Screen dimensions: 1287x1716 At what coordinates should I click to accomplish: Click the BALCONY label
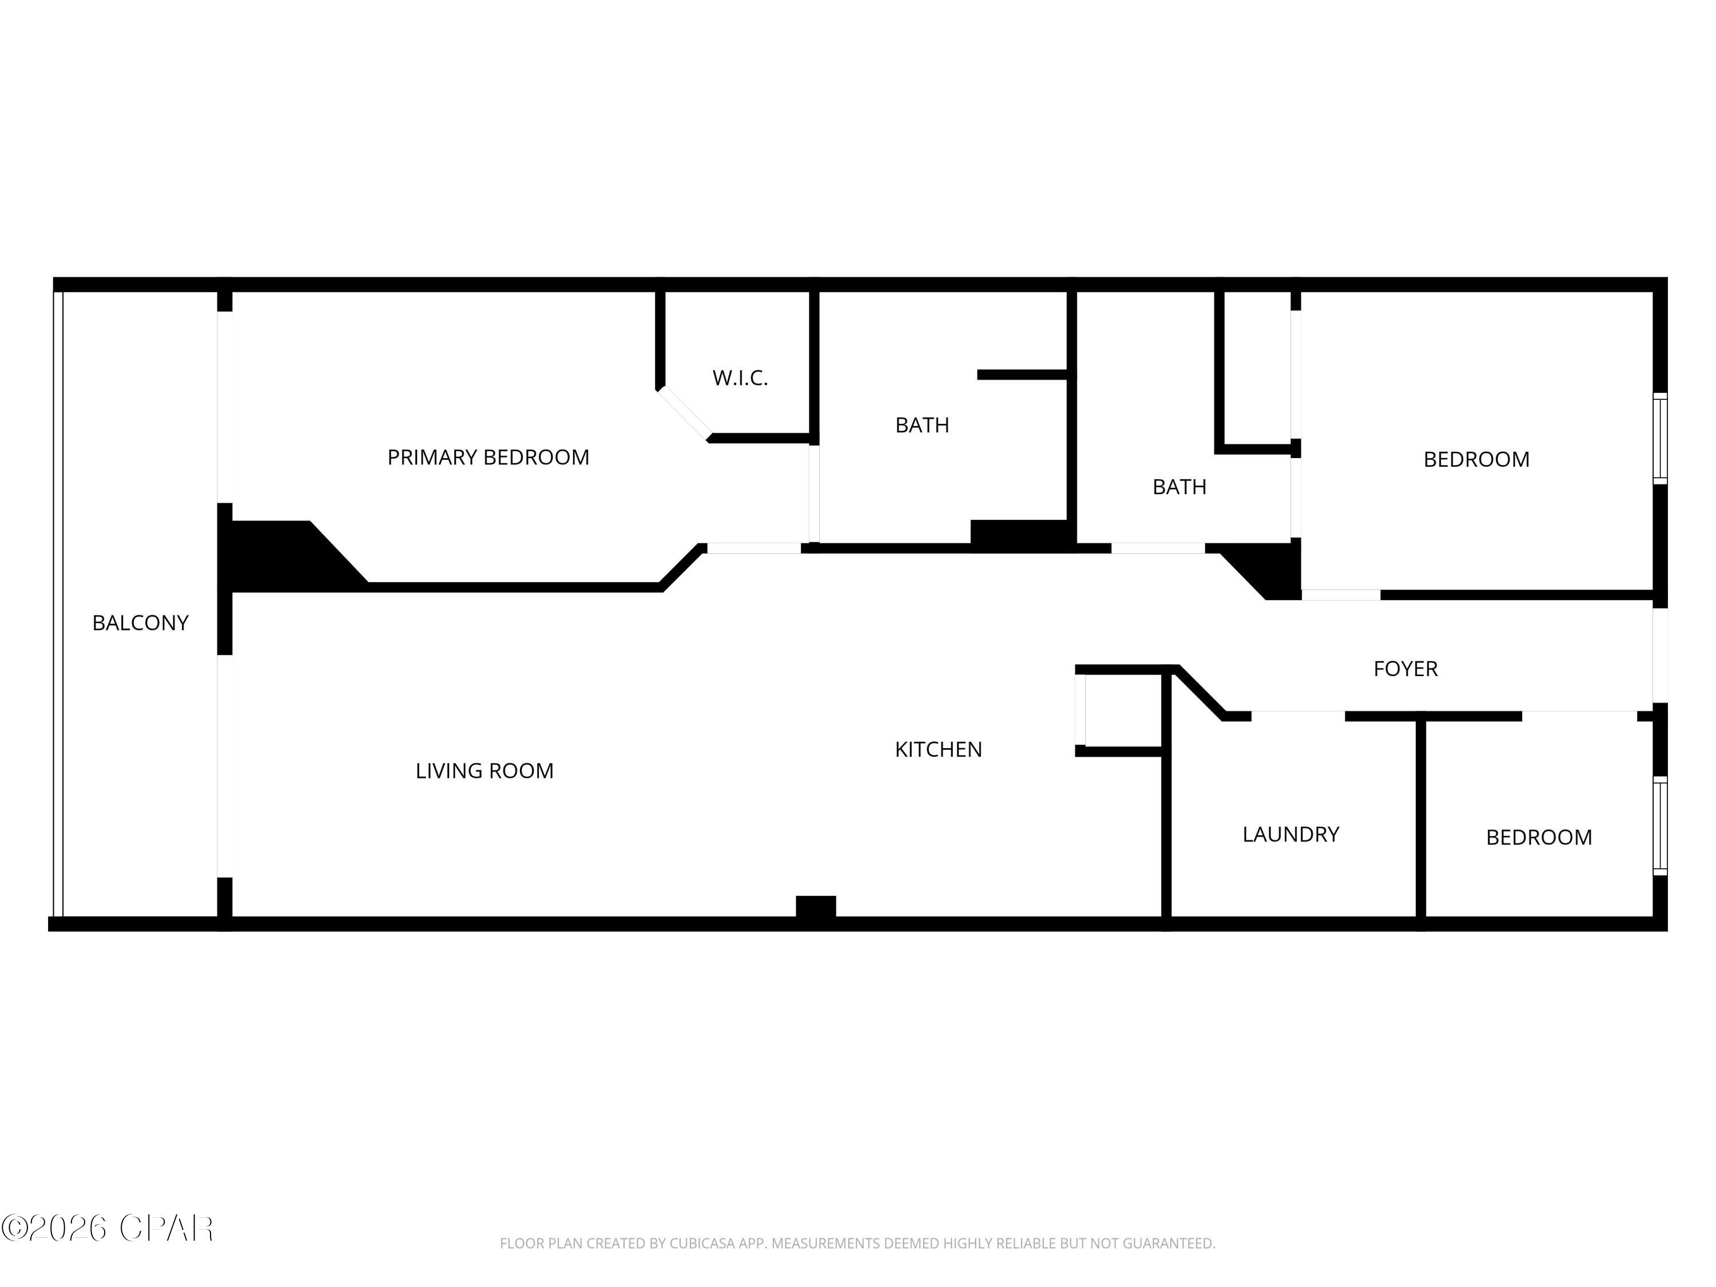point(140,623)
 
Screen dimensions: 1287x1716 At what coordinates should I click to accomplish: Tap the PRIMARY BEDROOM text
point(488,458)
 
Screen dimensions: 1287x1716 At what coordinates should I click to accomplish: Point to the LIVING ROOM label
point(484,771)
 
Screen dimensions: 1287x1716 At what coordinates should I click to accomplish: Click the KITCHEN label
point(938,749)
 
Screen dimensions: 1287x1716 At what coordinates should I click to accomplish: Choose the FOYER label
point(1405,669)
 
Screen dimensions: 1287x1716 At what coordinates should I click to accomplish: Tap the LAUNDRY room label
point(1290,835)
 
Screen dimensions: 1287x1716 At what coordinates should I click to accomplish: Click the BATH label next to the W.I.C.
point(921,425)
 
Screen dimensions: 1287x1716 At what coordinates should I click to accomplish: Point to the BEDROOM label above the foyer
point(1476,459)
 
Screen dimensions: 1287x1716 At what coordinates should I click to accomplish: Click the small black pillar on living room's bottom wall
point(815,906)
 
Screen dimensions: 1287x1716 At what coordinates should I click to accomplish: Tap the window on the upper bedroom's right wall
point(1659,438)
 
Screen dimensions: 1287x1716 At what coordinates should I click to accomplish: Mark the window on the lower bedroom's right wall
point(1659,826)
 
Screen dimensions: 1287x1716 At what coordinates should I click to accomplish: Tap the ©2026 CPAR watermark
point(107,1228)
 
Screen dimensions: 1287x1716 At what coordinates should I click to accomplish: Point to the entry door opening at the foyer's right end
point(1659,656)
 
